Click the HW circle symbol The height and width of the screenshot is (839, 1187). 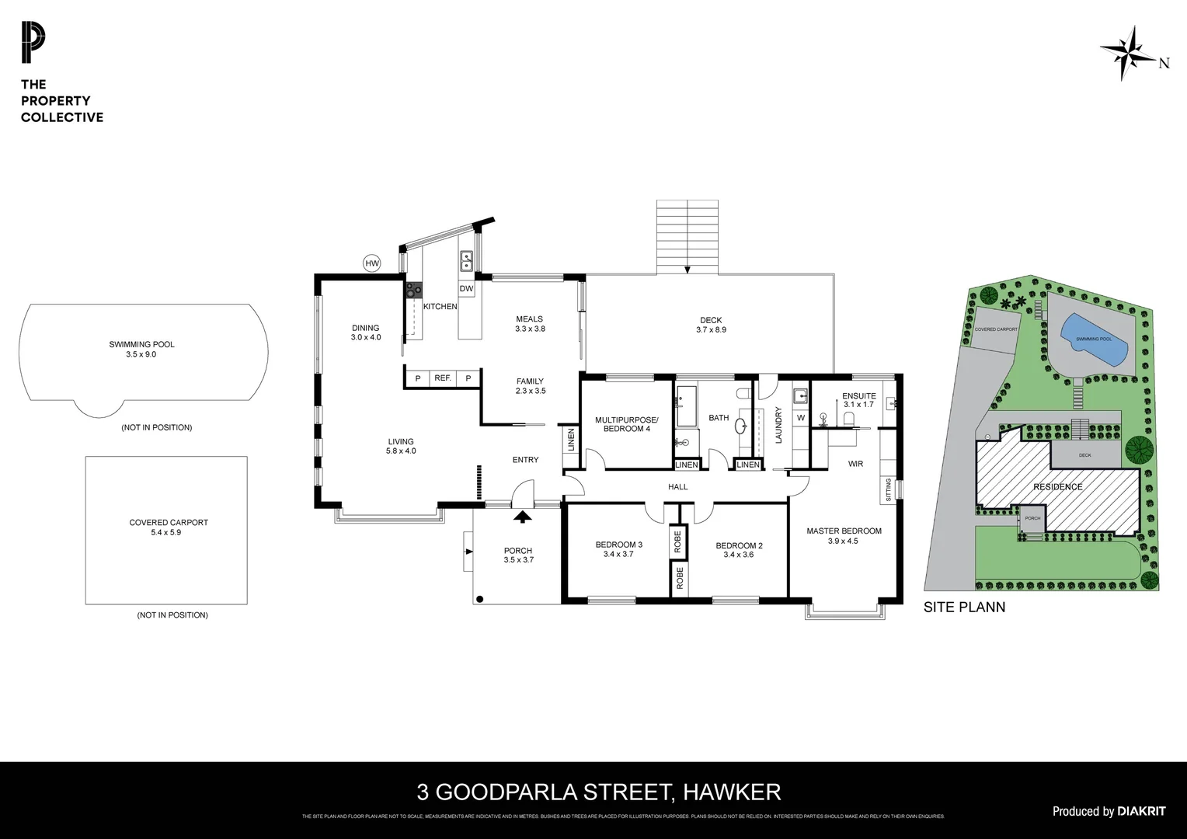coord(372,264)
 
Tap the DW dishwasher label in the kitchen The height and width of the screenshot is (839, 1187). coord(466,289)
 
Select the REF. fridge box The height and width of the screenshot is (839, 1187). coord(443,378)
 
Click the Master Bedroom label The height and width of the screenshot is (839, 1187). coord(844,536)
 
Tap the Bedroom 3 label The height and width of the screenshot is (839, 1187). coord(618,549)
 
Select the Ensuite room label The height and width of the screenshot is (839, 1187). coord(858,400)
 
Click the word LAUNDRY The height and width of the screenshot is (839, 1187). coord(778,425)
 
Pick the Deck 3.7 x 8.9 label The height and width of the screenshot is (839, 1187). coord(710,325)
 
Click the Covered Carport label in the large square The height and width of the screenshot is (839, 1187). coord(168,527)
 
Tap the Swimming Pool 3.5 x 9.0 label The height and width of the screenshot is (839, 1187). coord(141,349)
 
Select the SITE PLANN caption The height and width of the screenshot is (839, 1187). coord(964,607)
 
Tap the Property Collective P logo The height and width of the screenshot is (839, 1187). coord(33,44)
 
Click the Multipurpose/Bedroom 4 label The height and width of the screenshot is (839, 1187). coord(626,424)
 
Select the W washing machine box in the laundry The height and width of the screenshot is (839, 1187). coord(801,418)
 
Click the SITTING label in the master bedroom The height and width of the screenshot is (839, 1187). coord(889,490)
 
